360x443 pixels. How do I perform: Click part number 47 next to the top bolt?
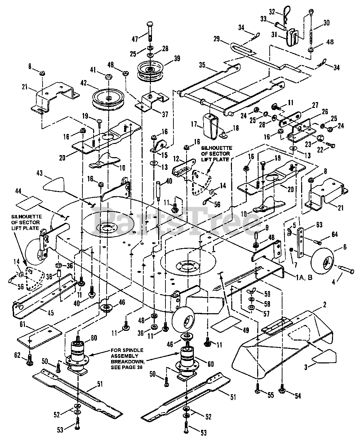pyautogui.click(x=135, y=39)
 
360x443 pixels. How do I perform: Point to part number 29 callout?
pyautogui.click(x=216, y=39)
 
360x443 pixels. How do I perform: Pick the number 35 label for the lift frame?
pyautogui.click(x=202, y=65)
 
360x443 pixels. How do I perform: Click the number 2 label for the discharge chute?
pyautogui.click(x=325, y=305)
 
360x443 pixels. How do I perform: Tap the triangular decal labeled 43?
pyautogui.click(x=54, y=184)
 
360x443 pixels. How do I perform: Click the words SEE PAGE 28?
pyautogui.click(x=126, y=367)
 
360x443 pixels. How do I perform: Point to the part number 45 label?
pyautogui.click(x=50, y=313)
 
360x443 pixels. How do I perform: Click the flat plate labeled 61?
pyautogui.click(x=39, y=336)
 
